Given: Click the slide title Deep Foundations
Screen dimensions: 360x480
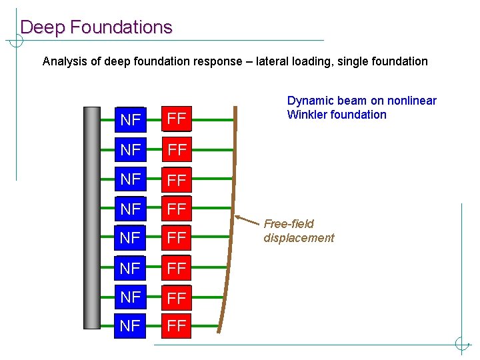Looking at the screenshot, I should pyautogui.click(x=96, y=27).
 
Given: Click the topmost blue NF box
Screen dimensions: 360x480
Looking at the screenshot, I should pyautogui.click(x=130, y=120).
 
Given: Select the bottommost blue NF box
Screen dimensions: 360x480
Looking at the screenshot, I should pyautogui.click(x=130, y=326).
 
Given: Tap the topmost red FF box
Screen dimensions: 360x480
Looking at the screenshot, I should pyautogui.click(x=176, y=120).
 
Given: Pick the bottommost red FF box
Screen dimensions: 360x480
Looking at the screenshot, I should pyautogui.click(x=176, y=326).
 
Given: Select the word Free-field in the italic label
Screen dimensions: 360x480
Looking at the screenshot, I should pyautogui.click(x=289, y=224).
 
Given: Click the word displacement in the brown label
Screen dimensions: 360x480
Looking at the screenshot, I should pyautogui.click(x=299, y=238).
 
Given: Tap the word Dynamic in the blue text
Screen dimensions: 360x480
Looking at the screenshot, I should pyautogui.click(x=307, y=101).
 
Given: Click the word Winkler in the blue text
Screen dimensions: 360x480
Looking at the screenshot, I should pyautogui.click(x=306, y=115).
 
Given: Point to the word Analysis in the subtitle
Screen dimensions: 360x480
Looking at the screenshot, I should pyautogui.click(x=65, y=61).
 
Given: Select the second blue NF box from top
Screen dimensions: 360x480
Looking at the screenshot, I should pyautogui.click(x=130, y=149).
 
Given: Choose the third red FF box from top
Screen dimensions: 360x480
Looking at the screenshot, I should pyautogui.click(x=176, y=179).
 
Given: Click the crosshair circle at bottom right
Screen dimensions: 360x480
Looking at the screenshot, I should pyautogui.click(x=462, y=344).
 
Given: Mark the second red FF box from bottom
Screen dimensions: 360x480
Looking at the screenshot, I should pyautogui.click(x=176, y=297).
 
